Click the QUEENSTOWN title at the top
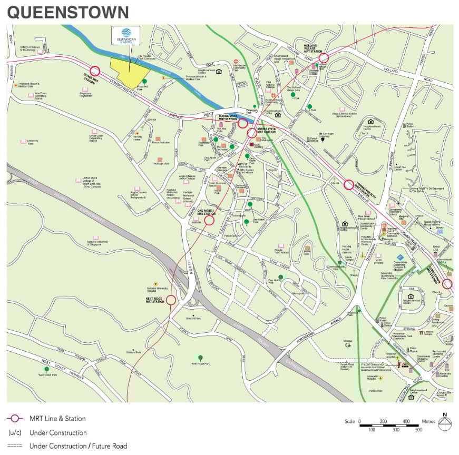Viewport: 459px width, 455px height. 68,12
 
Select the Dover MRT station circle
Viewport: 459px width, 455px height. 95,71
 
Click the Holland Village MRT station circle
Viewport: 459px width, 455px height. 324,58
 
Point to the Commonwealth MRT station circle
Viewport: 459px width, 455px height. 348,185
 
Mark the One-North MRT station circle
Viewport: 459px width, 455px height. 209,220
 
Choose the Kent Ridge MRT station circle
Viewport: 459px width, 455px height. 171,300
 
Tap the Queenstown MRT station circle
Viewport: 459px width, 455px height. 447,284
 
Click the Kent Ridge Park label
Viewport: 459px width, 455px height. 200,363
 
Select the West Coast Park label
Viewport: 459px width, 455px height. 47,375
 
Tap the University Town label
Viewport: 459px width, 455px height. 33,143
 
